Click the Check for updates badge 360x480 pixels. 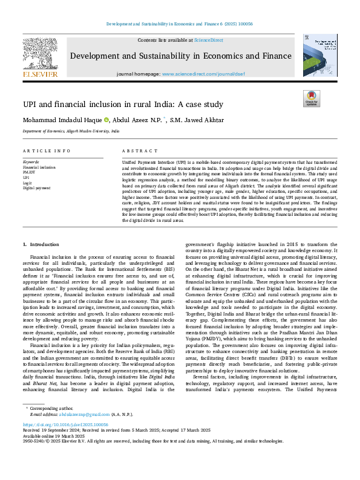(311, 99)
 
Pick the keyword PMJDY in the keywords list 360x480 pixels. (29, 172)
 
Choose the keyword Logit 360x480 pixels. (27, 183)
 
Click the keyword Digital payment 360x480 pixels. (36, 188)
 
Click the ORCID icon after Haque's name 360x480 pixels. (106, 120)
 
